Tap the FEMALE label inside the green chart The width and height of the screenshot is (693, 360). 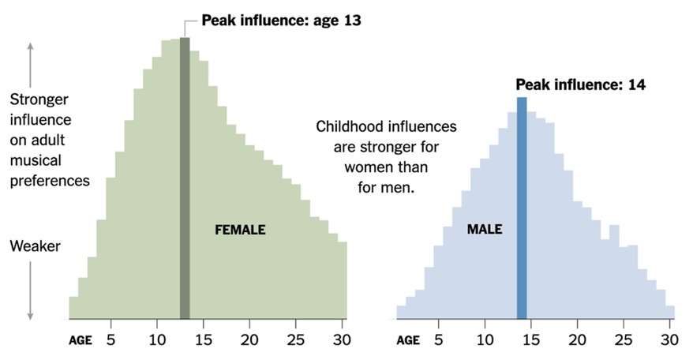[240, 231]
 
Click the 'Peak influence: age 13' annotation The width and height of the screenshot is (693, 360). [281, 21]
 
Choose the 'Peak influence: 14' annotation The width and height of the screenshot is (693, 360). [580, 84]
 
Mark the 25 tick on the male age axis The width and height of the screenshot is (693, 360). [624, 340]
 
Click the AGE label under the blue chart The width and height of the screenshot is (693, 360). [407, 341]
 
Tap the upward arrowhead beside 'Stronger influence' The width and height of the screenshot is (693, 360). [31, 47]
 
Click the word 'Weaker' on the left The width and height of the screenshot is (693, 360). [35, 247]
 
